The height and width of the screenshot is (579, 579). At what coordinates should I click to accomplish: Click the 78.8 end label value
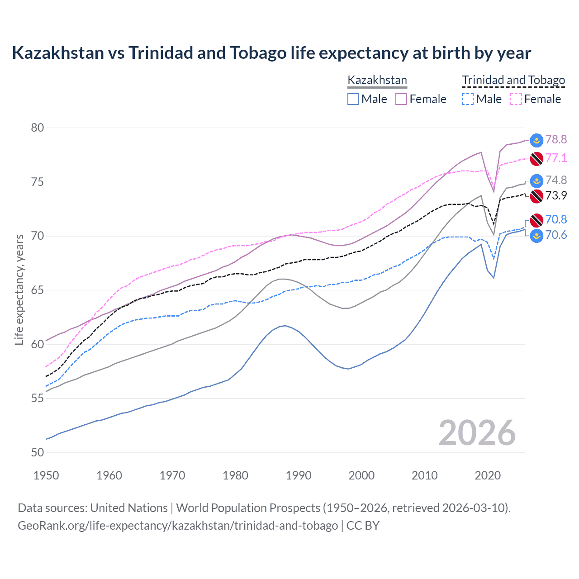[x=556, y=139]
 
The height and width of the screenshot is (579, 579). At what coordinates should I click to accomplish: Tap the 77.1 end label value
[x=556, y=158]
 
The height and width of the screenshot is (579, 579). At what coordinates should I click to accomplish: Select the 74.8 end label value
[x=556, y=180]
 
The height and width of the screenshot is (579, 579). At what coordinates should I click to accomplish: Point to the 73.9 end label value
[x=556, y=195]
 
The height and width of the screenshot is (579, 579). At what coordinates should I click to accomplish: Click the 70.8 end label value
[x=556, y=219]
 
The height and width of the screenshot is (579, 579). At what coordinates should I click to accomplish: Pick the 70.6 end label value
[x=556, y=235]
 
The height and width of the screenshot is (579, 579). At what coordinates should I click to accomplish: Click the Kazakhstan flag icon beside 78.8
[x=536, y=140]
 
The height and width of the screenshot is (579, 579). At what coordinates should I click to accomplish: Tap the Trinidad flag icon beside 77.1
[x=536, y=159]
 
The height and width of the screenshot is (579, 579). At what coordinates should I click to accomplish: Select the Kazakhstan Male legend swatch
[x=353, y=99]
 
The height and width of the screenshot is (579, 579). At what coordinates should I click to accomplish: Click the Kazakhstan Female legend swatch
[x=401, y=99]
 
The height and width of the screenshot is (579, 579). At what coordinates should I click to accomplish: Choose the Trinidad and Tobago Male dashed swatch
[x=468, y=99]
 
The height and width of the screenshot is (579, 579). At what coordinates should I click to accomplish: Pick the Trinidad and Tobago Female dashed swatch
[x=516, y=99]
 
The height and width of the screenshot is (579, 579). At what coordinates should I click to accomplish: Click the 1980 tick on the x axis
[x=235, y=475]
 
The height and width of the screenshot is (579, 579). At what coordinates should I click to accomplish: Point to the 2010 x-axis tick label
[x=424, y=475]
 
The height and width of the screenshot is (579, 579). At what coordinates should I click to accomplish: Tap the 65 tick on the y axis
[x=37, y=290]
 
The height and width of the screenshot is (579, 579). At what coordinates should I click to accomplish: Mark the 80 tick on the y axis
[x=37, y=128]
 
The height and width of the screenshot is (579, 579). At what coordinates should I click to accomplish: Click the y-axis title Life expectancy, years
[x=19, y=289]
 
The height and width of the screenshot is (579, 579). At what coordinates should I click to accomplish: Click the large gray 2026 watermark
[x=477, y=433]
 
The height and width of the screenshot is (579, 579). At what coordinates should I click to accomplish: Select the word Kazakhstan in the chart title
[x=58, y=53]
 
